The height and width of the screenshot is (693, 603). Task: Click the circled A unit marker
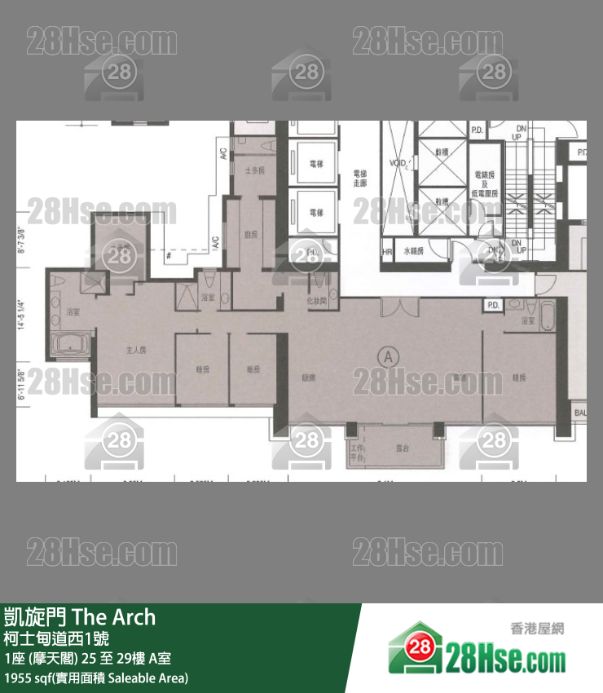[390, 355]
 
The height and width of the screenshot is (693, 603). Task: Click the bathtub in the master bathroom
[71, 345]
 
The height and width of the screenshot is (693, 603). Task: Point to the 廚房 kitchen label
[250, 234]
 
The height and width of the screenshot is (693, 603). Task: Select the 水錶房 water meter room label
[415, 252]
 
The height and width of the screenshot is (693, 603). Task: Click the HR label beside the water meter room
[387, 252]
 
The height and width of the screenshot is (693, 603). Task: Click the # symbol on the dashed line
[167, 256]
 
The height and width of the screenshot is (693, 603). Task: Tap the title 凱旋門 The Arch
[80, 617]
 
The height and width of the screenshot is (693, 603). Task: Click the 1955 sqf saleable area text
[96, 678]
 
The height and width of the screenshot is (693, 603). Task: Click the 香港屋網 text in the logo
[536, 629]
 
